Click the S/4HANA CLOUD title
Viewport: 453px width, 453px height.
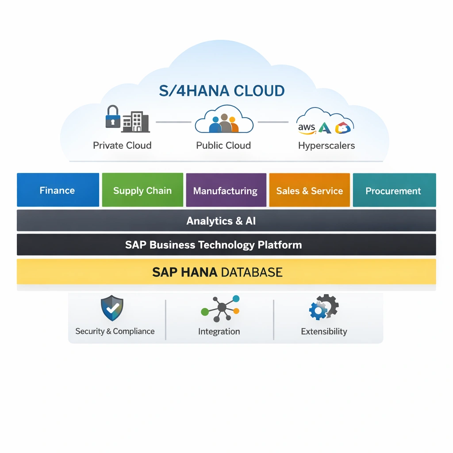222,91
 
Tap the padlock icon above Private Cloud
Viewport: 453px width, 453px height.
113,116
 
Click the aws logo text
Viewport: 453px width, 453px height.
307,128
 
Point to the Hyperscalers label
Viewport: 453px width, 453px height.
326,146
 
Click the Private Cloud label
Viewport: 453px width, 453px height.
122,146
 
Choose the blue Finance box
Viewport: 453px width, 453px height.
58,190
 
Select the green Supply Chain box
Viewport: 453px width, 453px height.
142,190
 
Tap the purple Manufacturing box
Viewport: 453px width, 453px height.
226,190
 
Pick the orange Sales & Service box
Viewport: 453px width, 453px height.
309,190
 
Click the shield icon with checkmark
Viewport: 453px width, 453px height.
112,308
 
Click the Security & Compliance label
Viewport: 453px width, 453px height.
115,331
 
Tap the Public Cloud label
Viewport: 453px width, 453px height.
223,146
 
